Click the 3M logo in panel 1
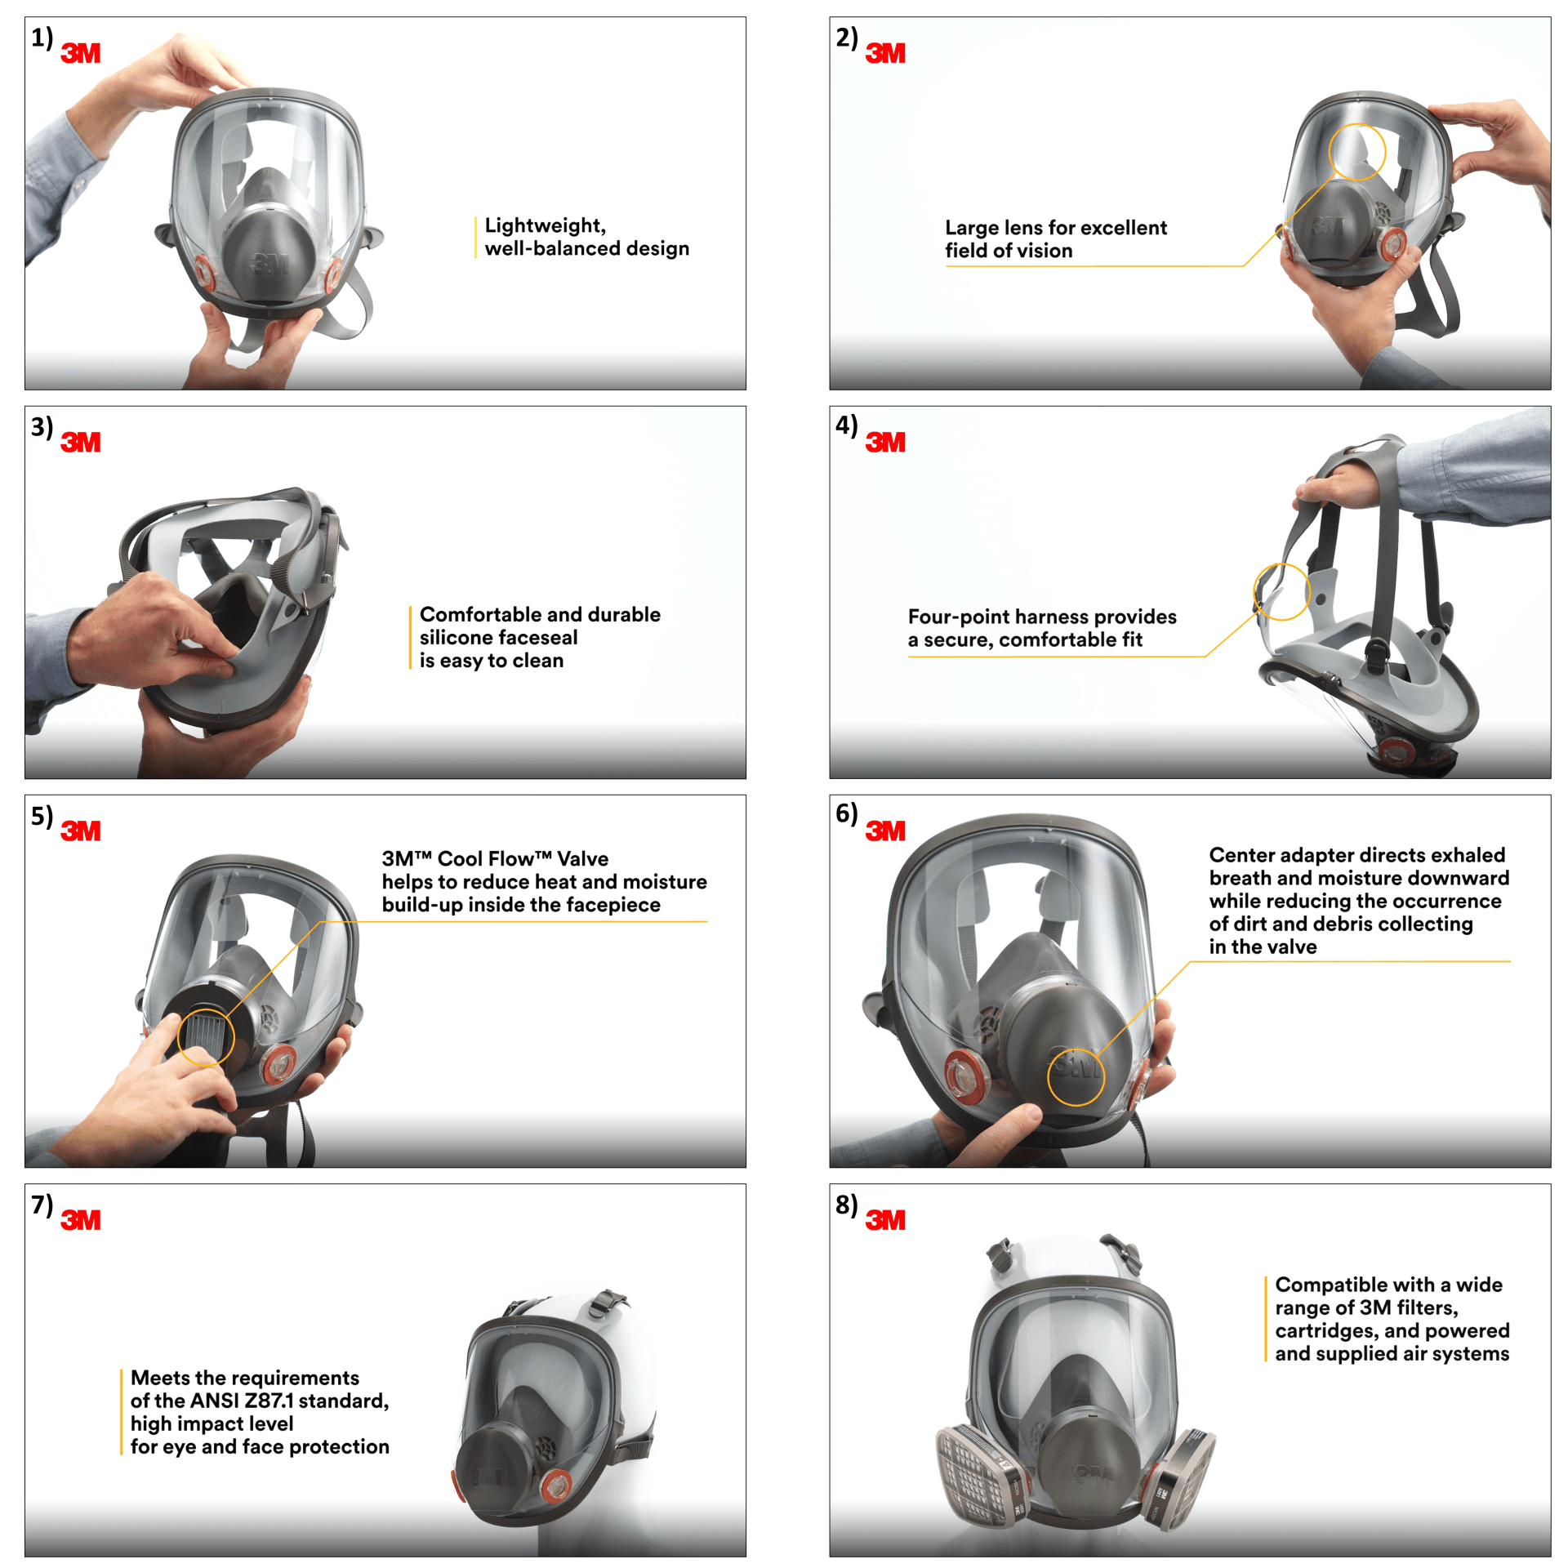coord(80,54)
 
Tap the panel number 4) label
coord(846,425)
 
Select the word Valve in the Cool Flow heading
coord(582,858)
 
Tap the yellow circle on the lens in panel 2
coord(1356,152)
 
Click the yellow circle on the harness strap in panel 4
coord(1281,591)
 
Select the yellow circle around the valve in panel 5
coord(206,1037)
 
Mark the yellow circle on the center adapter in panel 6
coord(1076,1076)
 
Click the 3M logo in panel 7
coord(80,1220)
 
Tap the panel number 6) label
coord(846,814)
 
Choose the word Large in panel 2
coord(970,228)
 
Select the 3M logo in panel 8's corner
coord(885,1220)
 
